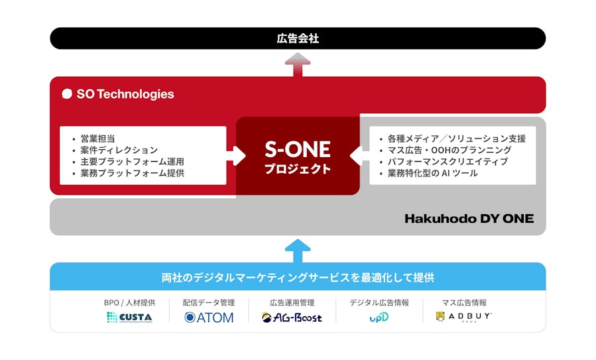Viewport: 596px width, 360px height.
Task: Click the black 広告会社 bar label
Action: [298, 38]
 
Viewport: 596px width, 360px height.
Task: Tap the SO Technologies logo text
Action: [125, 94]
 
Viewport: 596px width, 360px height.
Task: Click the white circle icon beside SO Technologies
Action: [67, 94]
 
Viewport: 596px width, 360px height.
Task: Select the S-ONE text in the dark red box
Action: [298, 149]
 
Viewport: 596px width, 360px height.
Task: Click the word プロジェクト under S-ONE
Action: [298, 169]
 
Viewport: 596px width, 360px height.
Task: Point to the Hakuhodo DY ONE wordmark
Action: [469, 219]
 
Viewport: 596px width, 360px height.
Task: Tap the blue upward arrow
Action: [298, 251]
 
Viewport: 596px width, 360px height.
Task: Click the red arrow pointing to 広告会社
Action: [298, 64]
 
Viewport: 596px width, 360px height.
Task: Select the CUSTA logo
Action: [130, 317]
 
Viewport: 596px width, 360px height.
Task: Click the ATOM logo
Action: [209, 318]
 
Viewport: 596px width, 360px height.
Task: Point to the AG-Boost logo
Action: [292, 318]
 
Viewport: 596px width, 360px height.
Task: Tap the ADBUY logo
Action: [463, 316]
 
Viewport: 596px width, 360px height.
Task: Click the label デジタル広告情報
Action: [379, 302]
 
